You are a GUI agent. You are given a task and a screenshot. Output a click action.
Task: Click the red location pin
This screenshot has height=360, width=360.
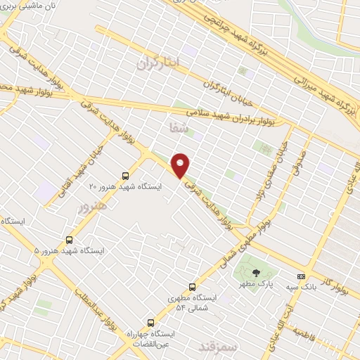tap(181, 165)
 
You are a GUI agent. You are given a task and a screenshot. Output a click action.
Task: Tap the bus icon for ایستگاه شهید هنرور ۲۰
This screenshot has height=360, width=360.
tap(125, 176)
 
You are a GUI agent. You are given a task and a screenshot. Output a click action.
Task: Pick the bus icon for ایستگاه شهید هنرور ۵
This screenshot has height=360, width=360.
tap(69, 239)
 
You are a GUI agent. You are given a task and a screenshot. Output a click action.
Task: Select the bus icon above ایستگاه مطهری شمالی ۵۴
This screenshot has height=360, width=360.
tap(192, 287)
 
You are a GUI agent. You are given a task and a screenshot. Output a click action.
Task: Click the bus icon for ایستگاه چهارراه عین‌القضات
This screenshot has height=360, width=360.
tap(150, 323)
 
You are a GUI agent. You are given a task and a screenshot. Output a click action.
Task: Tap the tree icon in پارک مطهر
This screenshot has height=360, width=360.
tap(256, 273)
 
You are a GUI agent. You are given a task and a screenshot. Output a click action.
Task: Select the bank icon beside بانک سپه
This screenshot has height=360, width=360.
tap(301, 276)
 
